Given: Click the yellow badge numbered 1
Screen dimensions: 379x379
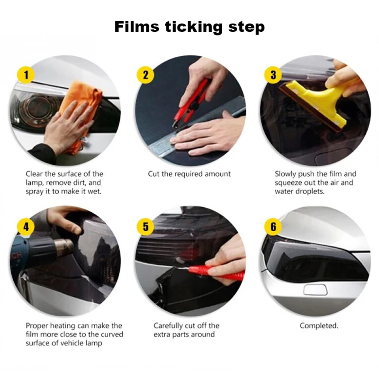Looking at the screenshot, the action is (26, 75).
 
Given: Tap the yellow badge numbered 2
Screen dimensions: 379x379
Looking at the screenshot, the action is (145, 75).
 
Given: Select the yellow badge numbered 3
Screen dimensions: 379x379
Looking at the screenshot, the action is (273, 75).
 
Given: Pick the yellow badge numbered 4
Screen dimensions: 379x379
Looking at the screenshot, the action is (26, 226).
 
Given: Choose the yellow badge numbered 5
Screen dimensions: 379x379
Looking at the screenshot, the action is (145, 226).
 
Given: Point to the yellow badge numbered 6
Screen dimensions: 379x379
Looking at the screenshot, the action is (273, 226).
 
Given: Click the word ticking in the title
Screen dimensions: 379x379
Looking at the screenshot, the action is (194, 27).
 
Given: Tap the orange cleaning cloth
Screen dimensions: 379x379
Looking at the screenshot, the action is (80, 114).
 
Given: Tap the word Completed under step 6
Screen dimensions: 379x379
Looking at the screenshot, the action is (319, 325).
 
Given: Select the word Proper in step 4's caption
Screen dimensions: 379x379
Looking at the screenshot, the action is (37, 326).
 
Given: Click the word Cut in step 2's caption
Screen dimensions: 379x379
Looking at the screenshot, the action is (153, 174).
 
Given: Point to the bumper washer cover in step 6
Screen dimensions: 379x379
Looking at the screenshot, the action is (315, 289).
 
